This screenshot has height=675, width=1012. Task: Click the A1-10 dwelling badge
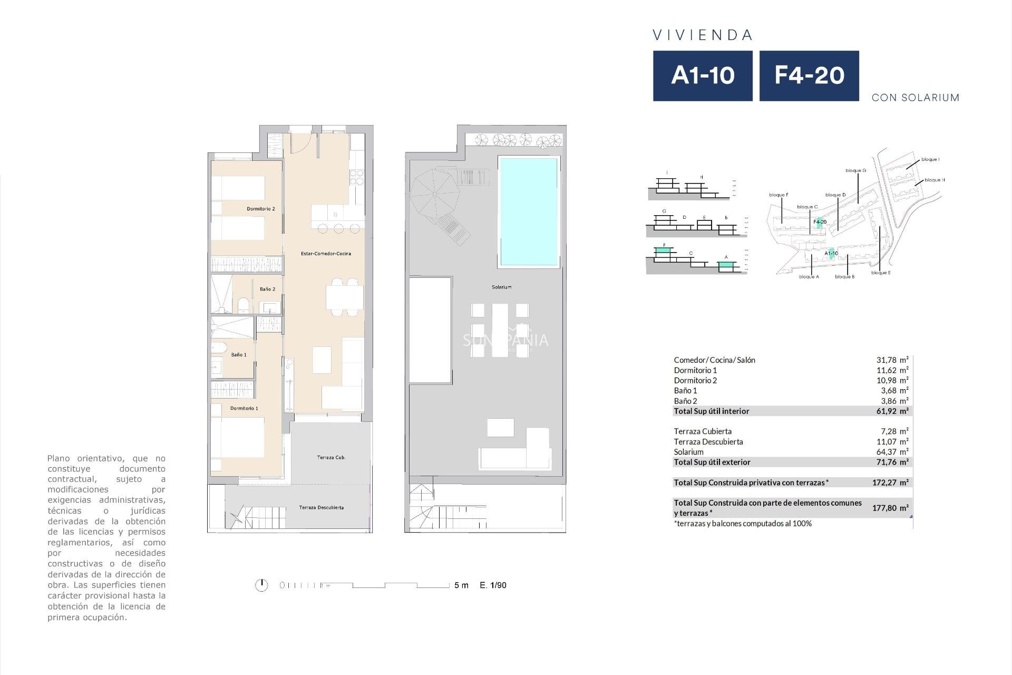703,75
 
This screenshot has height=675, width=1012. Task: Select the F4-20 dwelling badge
809,75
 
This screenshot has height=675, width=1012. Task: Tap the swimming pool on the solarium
528,211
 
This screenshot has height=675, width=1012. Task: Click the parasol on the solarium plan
434,194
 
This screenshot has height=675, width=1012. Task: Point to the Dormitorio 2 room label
261,209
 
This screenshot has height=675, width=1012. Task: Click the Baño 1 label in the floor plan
239,355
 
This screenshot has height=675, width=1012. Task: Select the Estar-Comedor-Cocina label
326,254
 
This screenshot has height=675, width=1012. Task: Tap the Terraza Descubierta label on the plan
321,508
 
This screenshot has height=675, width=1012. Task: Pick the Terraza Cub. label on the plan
331,458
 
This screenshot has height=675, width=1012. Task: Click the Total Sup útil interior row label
711,411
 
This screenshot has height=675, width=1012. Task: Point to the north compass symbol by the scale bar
261,585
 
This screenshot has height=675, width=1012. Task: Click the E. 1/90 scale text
493,585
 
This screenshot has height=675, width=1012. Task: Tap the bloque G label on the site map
855,171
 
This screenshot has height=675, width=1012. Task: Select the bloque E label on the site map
881,273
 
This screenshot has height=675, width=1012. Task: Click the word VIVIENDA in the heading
703,35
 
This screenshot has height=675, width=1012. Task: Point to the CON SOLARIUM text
915,98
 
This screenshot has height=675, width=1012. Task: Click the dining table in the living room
344,297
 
